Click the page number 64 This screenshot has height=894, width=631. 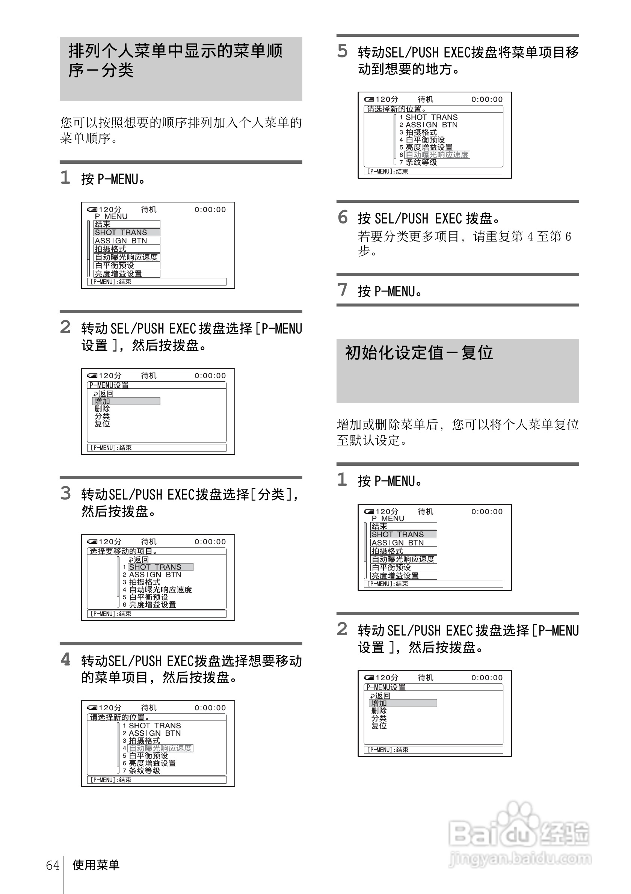pyautogui.click(x=53, y=865)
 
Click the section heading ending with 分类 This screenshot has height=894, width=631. pyautogui.click(x=175, y=60)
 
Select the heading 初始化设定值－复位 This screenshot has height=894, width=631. pyautogui.click(x=419, y=353)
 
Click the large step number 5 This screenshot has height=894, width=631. pyautogui.click(x=342, y=51)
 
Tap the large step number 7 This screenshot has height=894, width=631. pyautogui.click(x=342, y=290)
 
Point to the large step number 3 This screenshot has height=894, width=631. pyautogui.click(x=65, y=493)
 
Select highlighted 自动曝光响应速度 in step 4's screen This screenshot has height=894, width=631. pyautogui.click(x=160, y=748)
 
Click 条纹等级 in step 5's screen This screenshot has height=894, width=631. pyautogui.click(x=421, y=162)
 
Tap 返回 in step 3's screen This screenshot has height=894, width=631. pyautogui.click(x=139, y=560)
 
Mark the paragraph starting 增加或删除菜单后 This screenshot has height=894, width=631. pyautogui.click(x=457, y=432)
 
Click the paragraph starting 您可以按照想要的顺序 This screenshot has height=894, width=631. pyautogui.click(x=181, y=130)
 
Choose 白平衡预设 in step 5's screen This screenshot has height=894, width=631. pyautogui.click(x=425, y=140)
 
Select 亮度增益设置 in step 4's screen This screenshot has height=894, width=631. pyautogui.click(x=152, y=763)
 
